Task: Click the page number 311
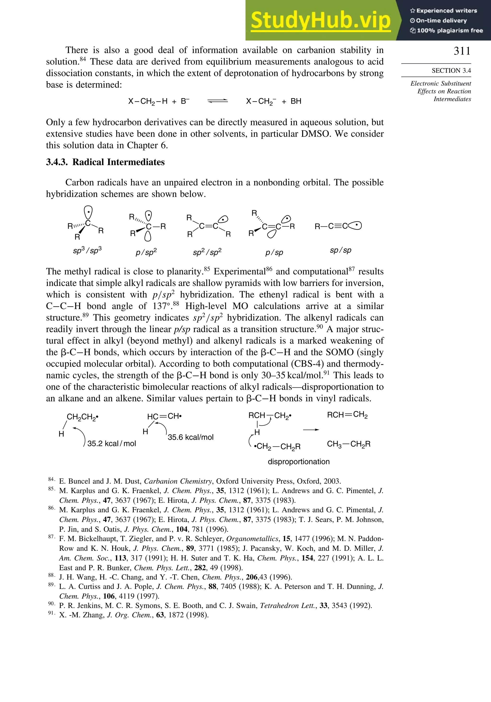[462, 51]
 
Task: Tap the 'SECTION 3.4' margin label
[451, 71]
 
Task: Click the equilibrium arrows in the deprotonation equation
[217, 101]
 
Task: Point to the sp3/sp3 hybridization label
[87, 250]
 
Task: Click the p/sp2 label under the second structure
[146, 252]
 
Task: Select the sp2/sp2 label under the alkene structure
[207, 252]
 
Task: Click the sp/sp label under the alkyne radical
[340, 250]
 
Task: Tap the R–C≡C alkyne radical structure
[338, 226]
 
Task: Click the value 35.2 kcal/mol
[111, 443]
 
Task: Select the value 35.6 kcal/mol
[190, 437]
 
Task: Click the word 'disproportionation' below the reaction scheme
[298, 461]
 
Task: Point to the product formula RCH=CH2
[347, 415]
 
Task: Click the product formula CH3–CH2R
[349, 444]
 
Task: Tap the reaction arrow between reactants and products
[311, 430]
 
